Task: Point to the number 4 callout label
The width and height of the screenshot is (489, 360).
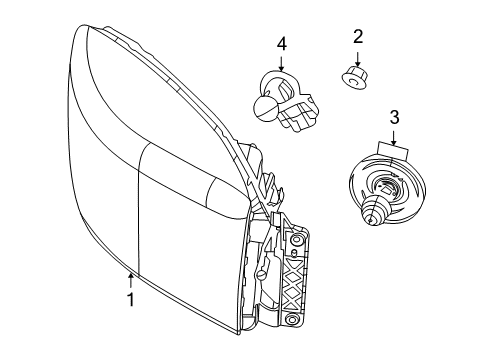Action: click(282, 43)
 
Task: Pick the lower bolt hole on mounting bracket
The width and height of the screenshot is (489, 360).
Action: click(292, 321)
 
